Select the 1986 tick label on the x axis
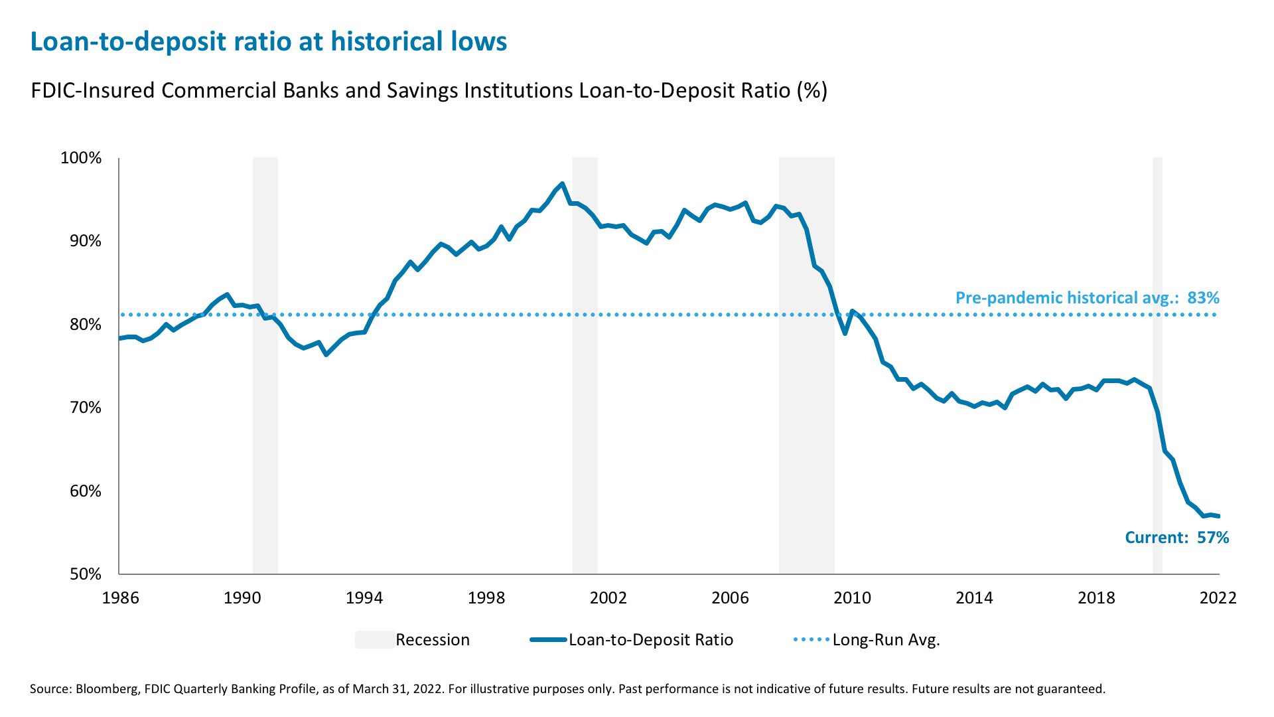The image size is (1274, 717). point(120,598)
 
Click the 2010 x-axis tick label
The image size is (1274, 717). point(852,598)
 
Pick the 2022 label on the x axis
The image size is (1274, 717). point(1218,598)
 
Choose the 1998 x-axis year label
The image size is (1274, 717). point(486,598)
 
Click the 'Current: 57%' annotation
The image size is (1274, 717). point(1176,538)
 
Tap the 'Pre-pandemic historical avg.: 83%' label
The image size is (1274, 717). point(1087,298)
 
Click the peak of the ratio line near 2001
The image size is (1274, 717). point(562,184)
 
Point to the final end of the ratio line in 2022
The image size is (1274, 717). point(1219,516)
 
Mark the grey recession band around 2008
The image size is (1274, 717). point(806,365)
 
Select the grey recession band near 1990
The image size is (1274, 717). point(265,365)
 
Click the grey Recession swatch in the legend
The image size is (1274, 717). point(374,640)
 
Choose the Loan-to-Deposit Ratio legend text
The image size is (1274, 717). point(650,640)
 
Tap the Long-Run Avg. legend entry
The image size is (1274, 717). point(886,640)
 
